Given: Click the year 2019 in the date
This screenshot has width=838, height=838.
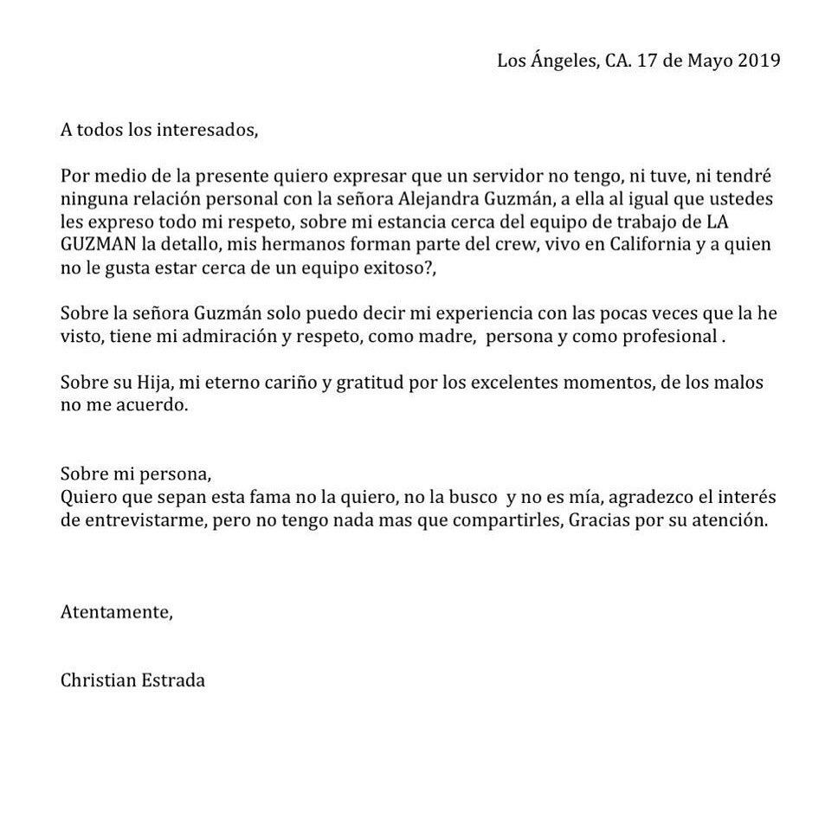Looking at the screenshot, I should [759, 61].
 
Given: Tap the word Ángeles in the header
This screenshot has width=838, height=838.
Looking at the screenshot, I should [560, 61].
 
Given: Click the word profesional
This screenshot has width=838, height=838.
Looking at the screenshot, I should [665, 337].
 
